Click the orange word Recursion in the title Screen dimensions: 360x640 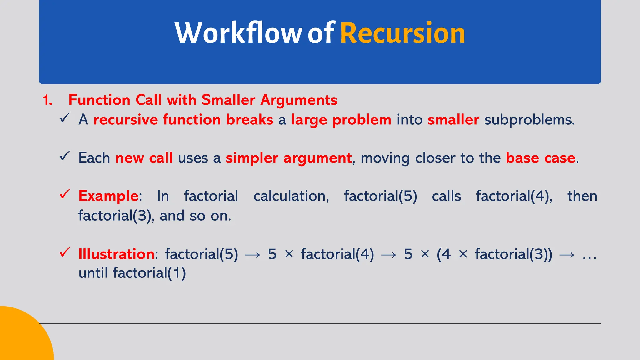[x=402, y=33]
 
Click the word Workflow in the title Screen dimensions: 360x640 [x=238, y=33]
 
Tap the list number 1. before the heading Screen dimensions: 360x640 [x=47, y=100]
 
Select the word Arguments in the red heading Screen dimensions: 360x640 [x=299, y=100]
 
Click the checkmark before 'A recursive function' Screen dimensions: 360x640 [x=65, y=118]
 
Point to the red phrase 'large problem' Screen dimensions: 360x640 [x=341, y=120]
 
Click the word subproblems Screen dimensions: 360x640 [x=529, y=120]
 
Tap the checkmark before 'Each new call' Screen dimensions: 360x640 [x=65, y=156]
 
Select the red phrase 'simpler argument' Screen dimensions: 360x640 [x=288, y=158]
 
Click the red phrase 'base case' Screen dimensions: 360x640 [x=540, y=158]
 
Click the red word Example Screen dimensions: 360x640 [x=108, y=196]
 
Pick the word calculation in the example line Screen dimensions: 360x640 [x=291, y=196]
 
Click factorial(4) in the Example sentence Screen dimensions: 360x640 [x=514, y=196]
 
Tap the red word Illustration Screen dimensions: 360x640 [x=116, y=254]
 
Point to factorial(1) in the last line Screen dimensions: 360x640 [x=149, y=273]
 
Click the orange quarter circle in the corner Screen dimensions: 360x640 [x=22, y=337]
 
